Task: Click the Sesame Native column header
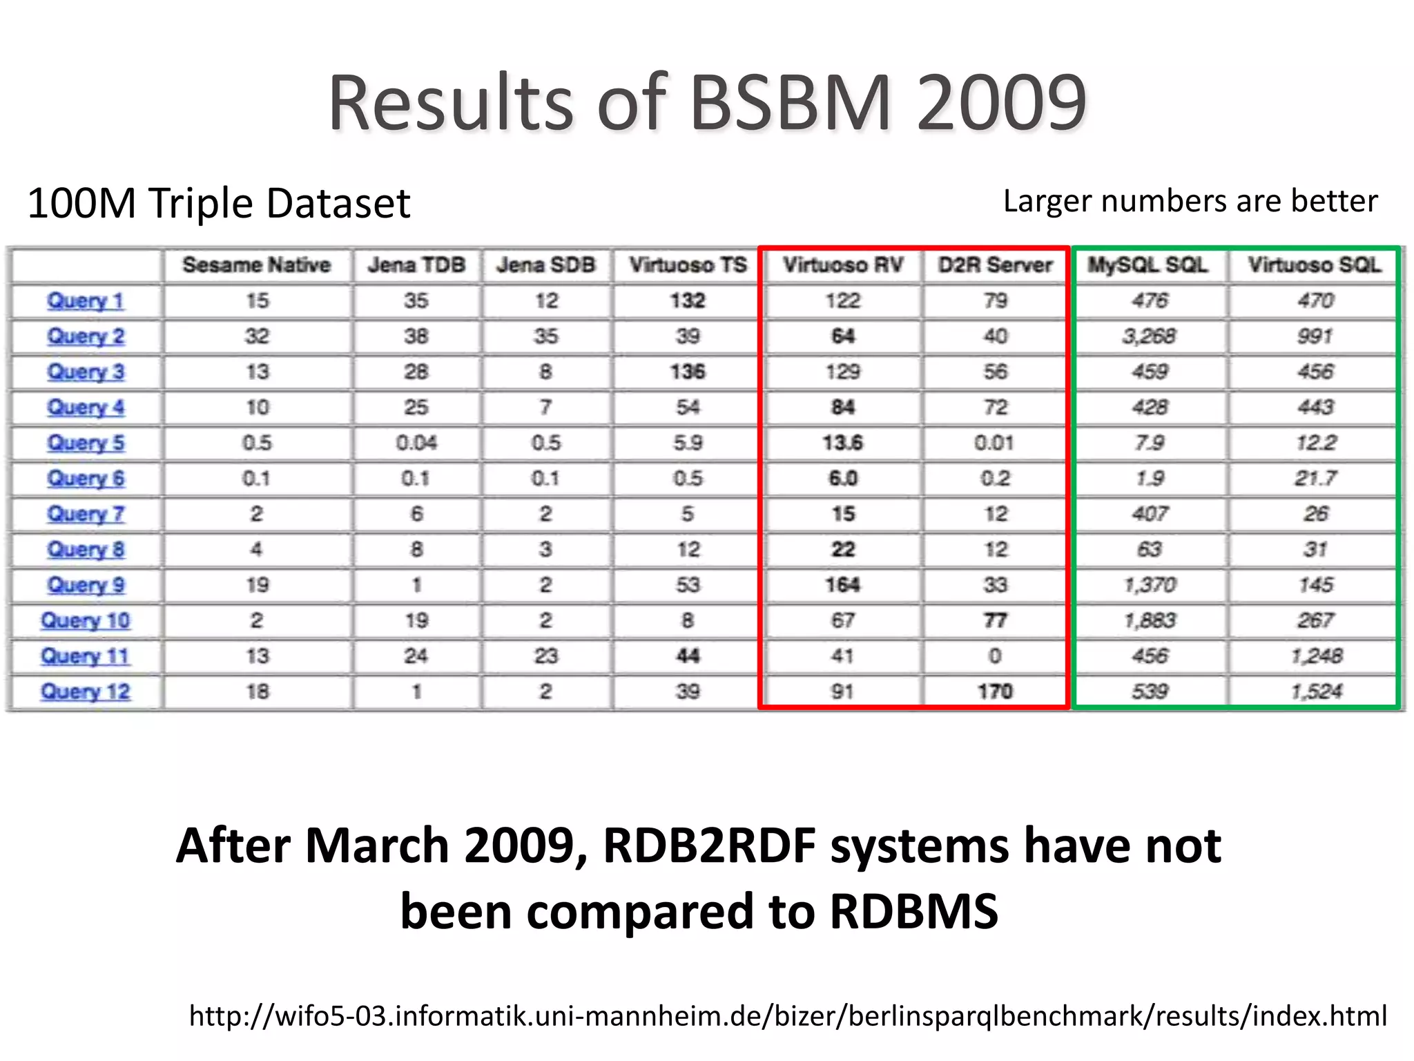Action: pyautogui.click(x=256, y=265)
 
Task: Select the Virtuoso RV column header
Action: pyautogui.click(x=842, y=265)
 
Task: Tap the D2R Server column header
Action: pyautogui.click(x=995, y=265)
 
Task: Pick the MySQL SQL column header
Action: pyautogui.click(x=1148, y=265)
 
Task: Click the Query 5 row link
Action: pyautogui.click(x=86, y=443)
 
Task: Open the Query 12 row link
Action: pyautogui.click(x=86, y=691)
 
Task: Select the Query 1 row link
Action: pyautogui.click(x=86, y=301)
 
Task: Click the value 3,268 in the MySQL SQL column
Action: pyautogui.click(x=1149, y=336)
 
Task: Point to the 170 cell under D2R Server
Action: pyautogui.click(x=995, y=691)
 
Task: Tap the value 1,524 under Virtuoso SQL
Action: pyautogui.click(x=1316, y=691)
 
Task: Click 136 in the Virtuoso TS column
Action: pyautogui.click(x=688, y=372)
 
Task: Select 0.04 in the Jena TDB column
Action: pyautogui.click(x=416, y=443)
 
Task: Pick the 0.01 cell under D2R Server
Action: pyautogui.click(x=994, y=443)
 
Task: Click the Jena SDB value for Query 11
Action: pyautogui.click(x=545, y=656)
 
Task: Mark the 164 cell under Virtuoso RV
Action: pyautogui.click(x=842, y=585)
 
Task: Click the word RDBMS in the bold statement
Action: pyautogui.click(x=913, y=911)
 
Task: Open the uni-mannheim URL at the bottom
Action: pyautogui.click(x=788, y=1016)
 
